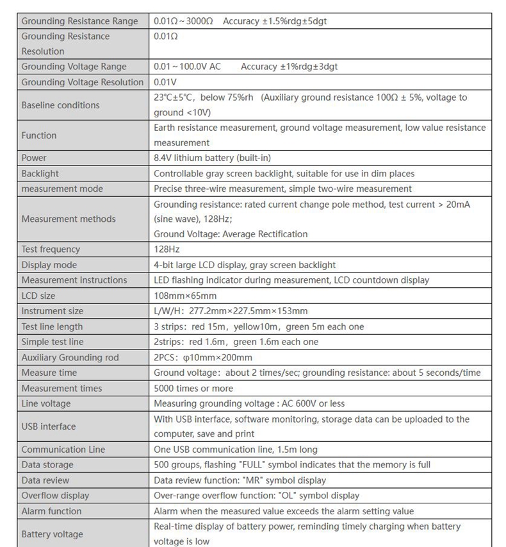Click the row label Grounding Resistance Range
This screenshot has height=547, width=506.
pyautogui.click(x=79, y=21)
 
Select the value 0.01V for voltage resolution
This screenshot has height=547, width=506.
pyautogui.click(x=165, y=82)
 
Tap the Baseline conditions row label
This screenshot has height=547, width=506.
pyautogui.click(x=60, y=105)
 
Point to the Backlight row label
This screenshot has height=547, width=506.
pyautogui.click(x=40, y=173)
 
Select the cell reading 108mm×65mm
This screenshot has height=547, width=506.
pyautogui.click(x=185, y=296)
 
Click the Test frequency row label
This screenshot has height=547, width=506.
pyautogui.click(x=51, y=249)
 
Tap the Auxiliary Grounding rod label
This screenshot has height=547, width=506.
pyautogui.click(x=70, y=357)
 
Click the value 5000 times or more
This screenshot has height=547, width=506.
pyautogui.click(x=193, y=388)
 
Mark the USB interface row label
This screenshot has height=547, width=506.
pyautogui.click(x=48, y=426)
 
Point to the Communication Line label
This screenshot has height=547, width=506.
pyautogui.click(x=63, y=450)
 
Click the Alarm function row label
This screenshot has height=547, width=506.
pyautogui.click(x=51, y=511)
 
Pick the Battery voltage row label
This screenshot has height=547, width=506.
pyautogui.click(x=52, y=534)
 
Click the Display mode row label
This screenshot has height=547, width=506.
pyautogui.click(x=49, y=265)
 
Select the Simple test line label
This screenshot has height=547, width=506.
pyautogui.click(x=53, y=342)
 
